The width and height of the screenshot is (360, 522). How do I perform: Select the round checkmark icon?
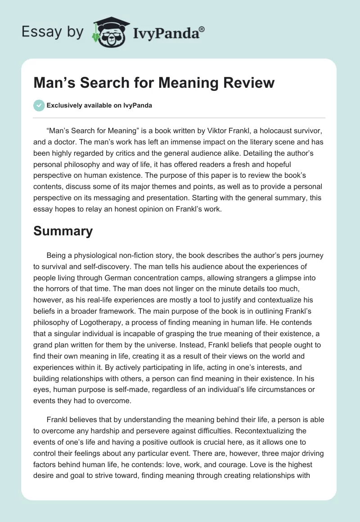click(x=39, y=105)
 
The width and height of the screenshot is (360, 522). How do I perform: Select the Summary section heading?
click(x=63, y=231)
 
